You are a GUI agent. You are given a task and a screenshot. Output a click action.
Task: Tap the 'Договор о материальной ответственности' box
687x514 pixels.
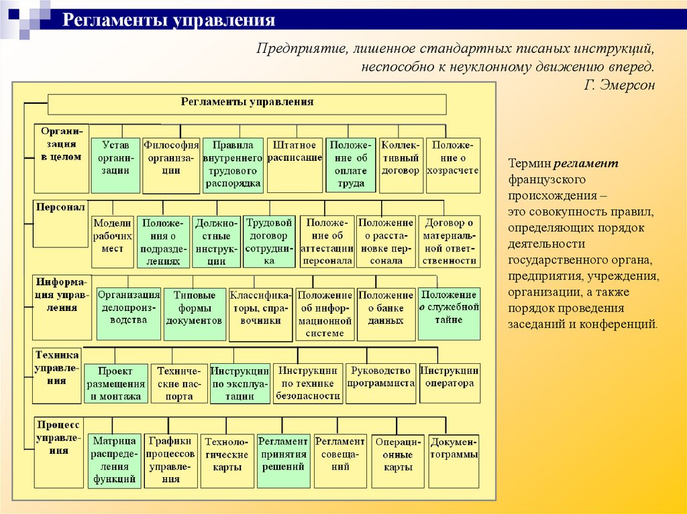point(450,241)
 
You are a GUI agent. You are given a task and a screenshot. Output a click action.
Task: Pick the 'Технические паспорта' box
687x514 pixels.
point(179,383)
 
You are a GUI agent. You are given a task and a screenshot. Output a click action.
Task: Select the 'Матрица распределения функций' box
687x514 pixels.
point(115,460)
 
